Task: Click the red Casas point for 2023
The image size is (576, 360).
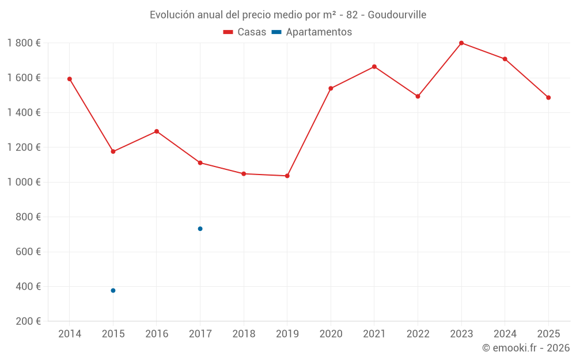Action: (461, 43)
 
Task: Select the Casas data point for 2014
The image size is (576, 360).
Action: (70, 79)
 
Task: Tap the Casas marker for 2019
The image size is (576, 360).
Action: (287, 176)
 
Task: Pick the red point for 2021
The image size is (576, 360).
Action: (374, 67)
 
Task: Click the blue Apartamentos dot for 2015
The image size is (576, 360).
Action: (113, 290)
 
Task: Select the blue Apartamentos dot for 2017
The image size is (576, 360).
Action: (200, 229)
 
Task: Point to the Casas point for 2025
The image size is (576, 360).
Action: (548, 98)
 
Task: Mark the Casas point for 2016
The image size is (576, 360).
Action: (157, 131)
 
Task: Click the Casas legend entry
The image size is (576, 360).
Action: (245, 32)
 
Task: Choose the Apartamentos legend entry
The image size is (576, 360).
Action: (312, 32)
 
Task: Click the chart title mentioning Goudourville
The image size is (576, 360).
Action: (288, 15)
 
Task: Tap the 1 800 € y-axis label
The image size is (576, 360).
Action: (24, 43)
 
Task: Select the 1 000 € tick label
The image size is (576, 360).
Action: (24, 182)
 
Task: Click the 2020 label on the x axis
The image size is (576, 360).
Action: (331, 334)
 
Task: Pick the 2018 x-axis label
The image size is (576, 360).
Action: (244, 334)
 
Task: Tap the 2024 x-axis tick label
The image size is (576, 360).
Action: (505, 334)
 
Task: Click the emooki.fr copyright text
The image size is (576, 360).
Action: (526, 348)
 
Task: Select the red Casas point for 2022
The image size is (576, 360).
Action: (418, 96)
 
